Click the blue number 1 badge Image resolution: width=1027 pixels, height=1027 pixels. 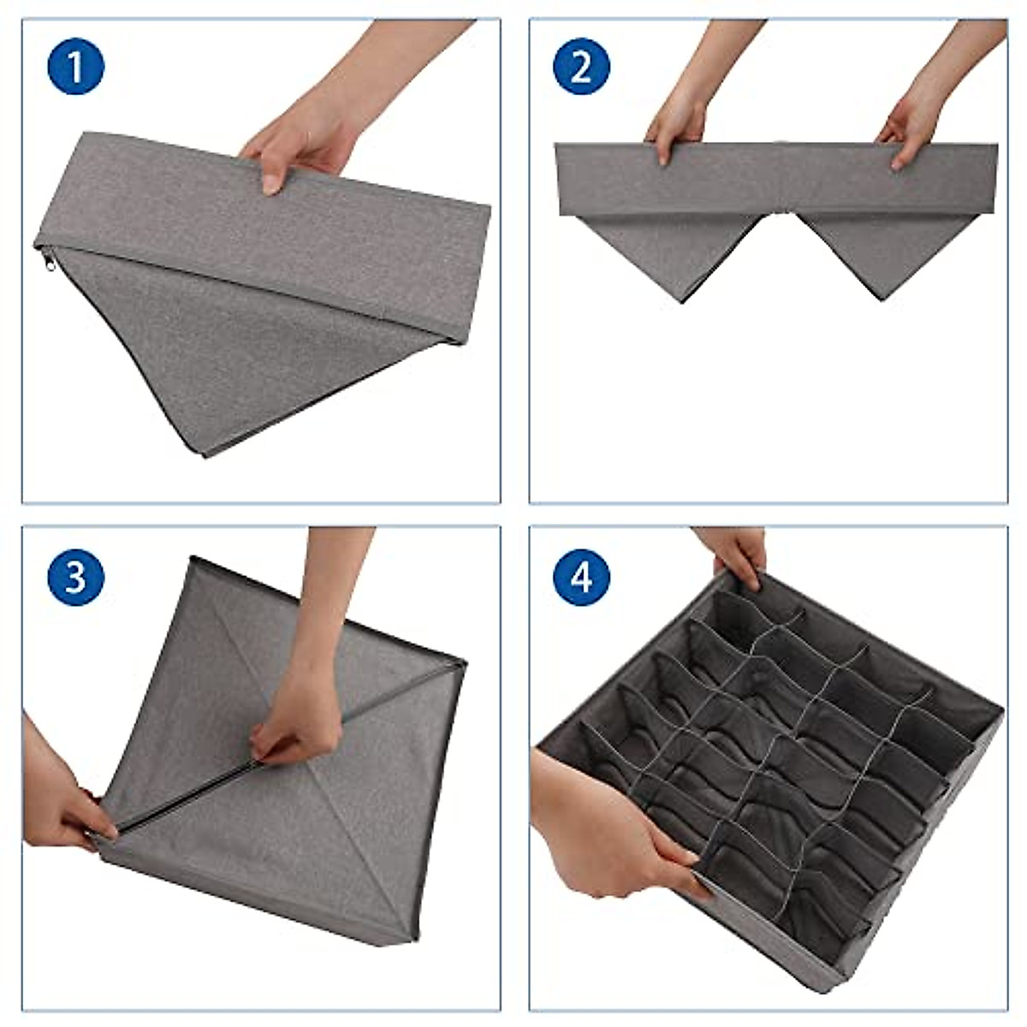pos(75,68)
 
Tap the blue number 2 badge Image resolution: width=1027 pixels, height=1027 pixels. pos(581,68)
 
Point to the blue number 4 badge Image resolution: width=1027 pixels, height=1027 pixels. pos(581,576)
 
